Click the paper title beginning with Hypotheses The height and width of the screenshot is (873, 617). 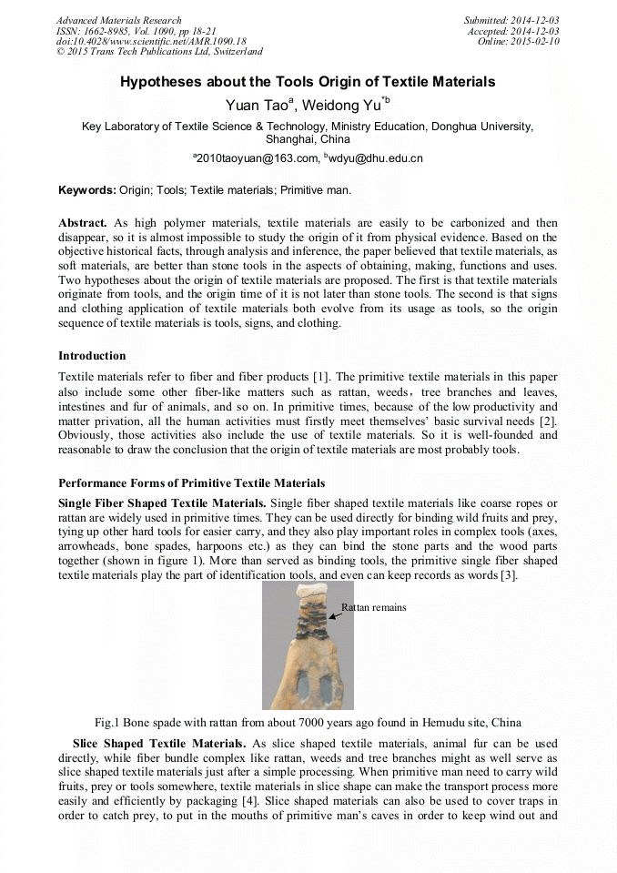pos(308,82)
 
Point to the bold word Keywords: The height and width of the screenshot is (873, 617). pos(86,190)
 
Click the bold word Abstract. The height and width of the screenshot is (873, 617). pos(83,222)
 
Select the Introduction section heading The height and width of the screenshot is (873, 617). pos(92,355)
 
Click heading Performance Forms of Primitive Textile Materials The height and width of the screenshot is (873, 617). pos(191,482)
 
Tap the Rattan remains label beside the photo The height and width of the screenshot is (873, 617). pos(373,607)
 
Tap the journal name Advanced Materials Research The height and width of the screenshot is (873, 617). pos(118,20)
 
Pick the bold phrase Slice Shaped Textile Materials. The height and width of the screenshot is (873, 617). pos(158,744)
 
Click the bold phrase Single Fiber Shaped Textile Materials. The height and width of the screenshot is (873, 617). pos(162,503)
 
